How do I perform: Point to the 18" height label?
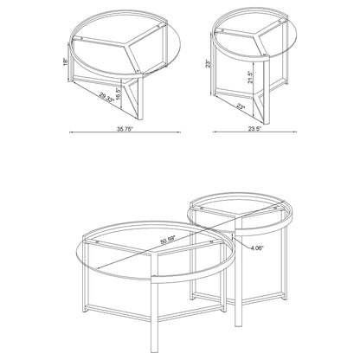64,62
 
